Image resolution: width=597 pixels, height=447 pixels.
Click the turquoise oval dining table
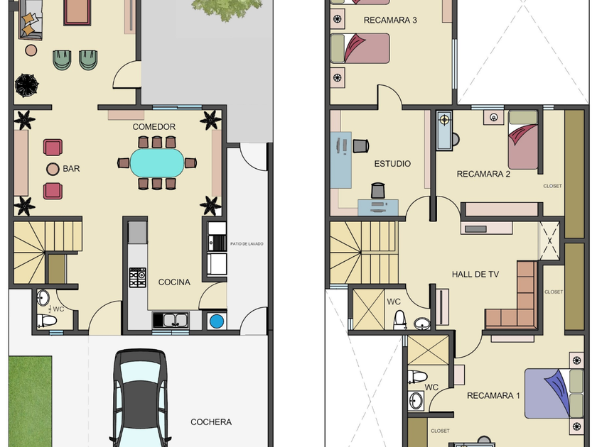coord(157,162)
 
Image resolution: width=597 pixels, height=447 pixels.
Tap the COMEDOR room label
coord(154,126)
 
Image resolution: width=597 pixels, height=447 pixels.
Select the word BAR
coord(71,168)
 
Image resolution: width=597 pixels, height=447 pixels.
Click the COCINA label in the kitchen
coord(174,282)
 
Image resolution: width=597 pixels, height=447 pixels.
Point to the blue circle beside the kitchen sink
coord(217,321)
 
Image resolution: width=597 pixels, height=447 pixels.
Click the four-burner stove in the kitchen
coord(137,277)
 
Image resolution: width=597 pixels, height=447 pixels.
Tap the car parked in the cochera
coord(141,398)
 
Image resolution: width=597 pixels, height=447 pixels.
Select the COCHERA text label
coord(211,422)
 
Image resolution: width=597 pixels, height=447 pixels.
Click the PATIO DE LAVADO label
coord(247,243)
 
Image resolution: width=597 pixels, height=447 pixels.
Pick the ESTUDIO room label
coord(392,164)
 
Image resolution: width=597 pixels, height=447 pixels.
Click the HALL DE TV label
coord(475,274)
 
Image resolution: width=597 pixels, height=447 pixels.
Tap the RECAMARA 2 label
coord(483,174)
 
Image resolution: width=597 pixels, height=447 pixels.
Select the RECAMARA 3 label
coord(390,20)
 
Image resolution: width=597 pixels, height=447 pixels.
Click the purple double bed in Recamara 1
coord(554,393)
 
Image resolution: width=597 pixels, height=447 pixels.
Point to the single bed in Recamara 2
coord(523,140)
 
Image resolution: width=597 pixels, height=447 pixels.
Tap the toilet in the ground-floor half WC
coord(46,321)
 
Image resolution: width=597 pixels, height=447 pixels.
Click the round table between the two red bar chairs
coord(53,169)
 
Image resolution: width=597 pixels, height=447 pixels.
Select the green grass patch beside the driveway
coord(30,402)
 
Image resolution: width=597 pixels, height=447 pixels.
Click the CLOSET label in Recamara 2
coord(552,186)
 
